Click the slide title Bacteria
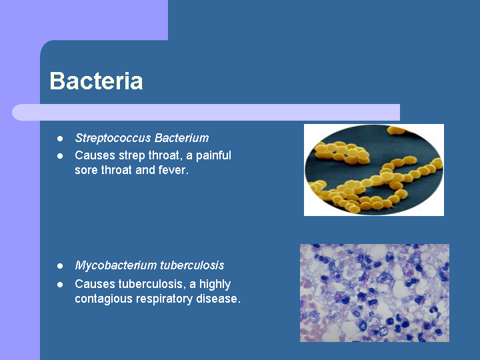pos(96,81)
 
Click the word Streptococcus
pos(113,138)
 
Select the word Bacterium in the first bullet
pos(182,138)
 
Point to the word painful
pos(213,155)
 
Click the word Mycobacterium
pos(116,265)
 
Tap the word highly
pos(215,285)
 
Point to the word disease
pos(218,299)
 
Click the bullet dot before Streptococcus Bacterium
pos(60,139)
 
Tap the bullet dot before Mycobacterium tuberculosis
pos(60,266)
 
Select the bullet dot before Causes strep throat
pos(60,156)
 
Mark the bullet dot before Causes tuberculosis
pos(60,285)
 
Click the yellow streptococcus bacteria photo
pos(374,170)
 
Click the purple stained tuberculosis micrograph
pos(375,293)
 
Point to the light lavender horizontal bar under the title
pos(206,113)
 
